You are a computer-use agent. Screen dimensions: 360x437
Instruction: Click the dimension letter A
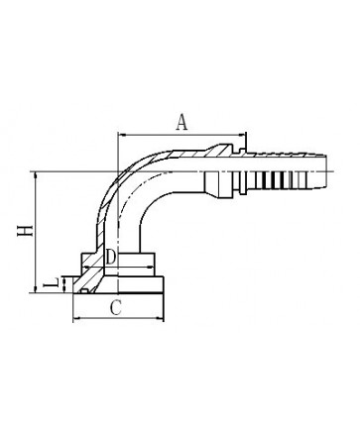pos(181,122)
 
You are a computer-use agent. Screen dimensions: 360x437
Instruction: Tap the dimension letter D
pos(111,258)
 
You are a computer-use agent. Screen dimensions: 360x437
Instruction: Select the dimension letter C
pos(116,308)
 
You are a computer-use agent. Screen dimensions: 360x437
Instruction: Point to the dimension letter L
pos(55,282)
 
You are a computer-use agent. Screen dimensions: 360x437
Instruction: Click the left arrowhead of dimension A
pos(122,135)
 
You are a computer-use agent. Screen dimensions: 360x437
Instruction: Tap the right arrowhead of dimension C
pos(160,318)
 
